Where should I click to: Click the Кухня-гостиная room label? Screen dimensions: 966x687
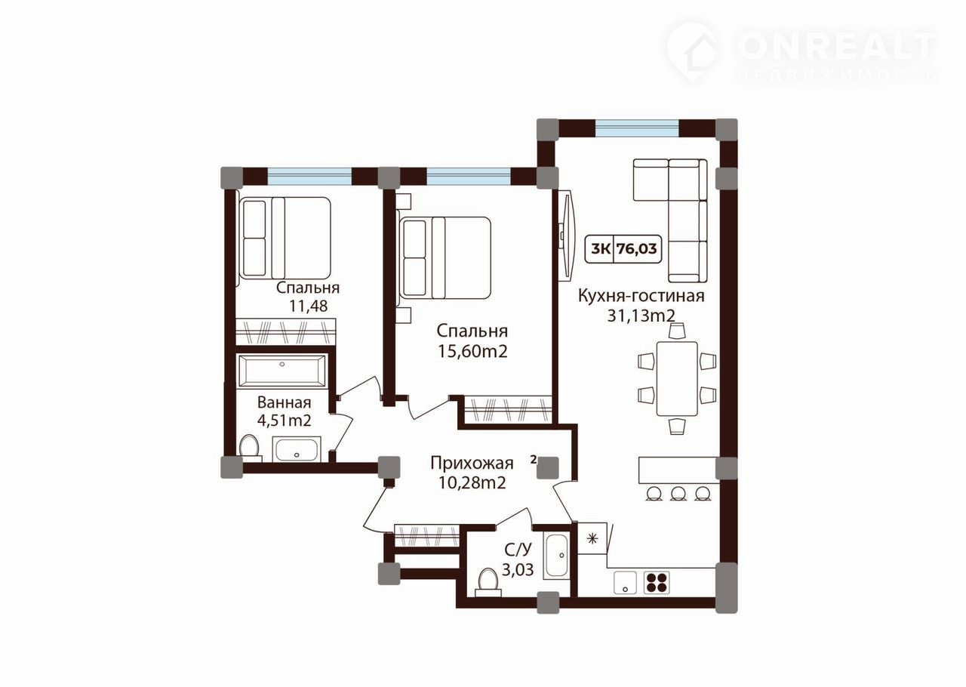click(x=641, y=297)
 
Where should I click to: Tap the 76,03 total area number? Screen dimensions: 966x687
click(x=636, y=248)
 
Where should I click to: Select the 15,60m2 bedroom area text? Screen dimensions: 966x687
click(x=472, y=351)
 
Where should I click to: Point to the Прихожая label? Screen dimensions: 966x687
click(x=472, y=463)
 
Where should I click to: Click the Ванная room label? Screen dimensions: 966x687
click(x=284, y=402)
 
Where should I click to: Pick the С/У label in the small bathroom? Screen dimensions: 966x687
click(x=518, y=550)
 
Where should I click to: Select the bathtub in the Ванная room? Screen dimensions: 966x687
click(x=282, y=371)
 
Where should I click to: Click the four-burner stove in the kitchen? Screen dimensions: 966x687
click(x=657, y=582)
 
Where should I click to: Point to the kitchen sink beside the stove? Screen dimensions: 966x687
click(x=625, y=583)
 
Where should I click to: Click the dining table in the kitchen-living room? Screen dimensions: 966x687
click(x=677, y=378)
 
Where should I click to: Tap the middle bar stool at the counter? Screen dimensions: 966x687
click(x=678, y=493)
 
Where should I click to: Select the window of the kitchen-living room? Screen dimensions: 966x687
click(x=637, y=128)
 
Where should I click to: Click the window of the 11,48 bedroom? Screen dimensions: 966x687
click(x=309, y=176)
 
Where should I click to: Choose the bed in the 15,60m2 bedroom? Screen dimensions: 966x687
click(x=445, y=257)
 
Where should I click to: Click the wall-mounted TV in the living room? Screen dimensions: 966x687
click(x=565, y=236)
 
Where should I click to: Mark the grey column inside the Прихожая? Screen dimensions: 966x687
click(x=548, y=468)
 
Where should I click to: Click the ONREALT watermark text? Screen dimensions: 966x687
click(x=837, y=47)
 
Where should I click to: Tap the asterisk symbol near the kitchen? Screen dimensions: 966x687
click(x=593, y=538)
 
